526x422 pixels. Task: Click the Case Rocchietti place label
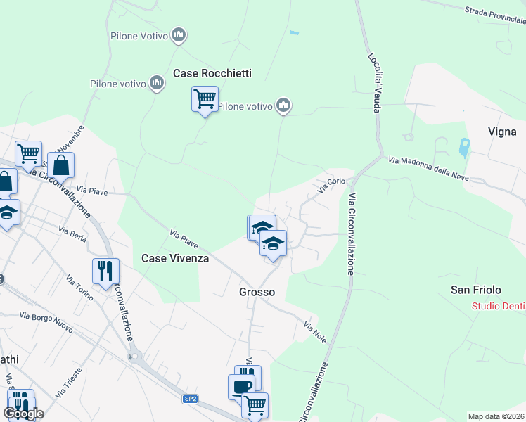tap(212, 73)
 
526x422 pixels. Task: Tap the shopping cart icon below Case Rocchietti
tap(205, 99)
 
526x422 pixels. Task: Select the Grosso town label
tap(257, 291)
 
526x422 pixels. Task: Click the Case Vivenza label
tap(175, 258)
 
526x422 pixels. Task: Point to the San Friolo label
tap(476, 290)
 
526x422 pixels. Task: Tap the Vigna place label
tap(502, 132)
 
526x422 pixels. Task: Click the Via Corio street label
tap(331, 185)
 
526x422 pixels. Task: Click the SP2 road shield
tap(190, 399)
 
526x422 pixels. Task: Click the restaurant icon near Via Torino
tap(105, 271)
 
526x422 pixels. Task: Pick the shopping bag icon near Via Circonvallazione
tap(61, 166)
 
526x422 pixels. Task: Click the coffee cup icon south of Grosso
tap(241, 388)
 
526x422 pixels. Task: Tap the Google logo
tap(23, 414)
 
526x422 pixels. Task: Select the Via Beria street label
tap(72, 235)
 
